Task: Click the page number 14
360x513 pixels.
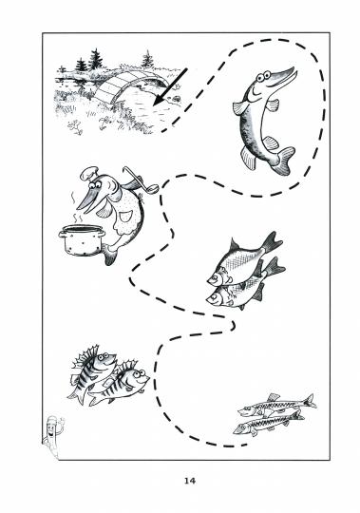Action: (190, 481)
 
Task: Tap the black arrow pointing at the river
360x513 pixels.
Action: (170, 87)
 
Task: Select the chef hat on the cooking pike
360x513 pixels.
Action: (89, 174)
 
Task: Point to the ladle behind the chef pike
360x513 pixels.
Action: (141, 180)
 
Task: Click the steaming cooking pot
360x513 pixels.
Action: (82, 239)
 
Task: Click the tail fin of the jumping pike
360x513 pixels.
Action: (283, 161)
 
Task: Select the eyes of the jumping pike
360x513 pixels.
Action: (264, 77)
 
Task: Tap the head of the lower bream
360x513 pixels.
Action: (217, 297)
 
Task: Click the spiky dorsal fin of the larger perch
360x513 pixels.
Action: (86, 354)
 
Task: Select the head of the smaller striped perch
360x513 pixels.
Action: (139, 376)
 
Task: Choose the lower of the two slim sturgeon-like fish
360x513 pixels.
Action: (268, 424)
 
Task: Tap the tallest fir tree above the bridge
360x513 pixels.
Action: (96, 60)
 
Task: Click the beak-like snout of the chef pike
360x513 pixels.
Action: (85, 199)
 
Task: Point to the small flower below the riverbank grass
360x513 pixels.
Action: (76, 127)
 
